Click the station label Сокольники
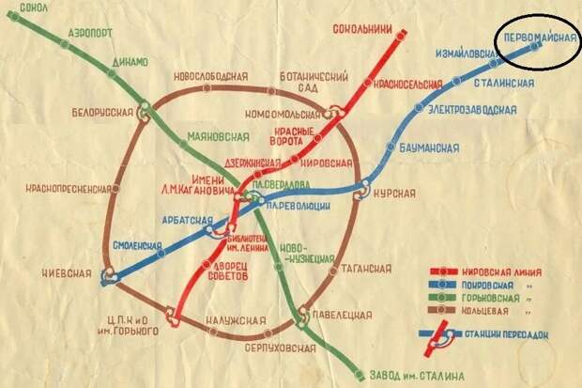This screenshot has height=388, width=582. point(361,29)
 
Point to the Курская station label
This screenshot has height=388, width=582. point(393,194)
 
